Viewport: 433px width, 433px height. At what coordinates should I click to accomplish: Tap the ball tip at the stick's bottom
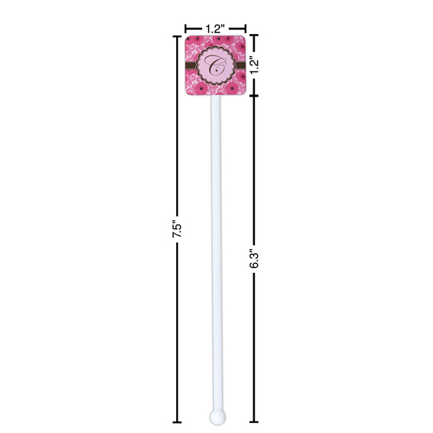pyautogui.click(x=216, y=416)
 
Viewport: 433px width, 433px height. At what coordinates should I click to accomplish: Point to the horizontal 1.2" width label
pyautogui.click(x=215, y=28)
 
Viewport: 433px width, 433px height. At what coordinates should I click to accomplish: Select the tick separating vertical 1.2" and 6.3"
pyautogui.click(x=252, y=97)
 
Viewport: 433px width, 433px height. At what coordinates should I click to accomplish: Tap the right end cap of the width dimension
pyautogui.click(x=246, y=29)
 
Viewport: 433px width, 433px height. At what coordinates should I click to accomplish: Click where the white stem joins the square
pyautogui.click(x=216, y=97)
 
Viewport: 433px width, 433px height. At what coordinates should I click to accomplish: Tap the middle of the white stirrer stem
pyautogui.click(x=216, y=253)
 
